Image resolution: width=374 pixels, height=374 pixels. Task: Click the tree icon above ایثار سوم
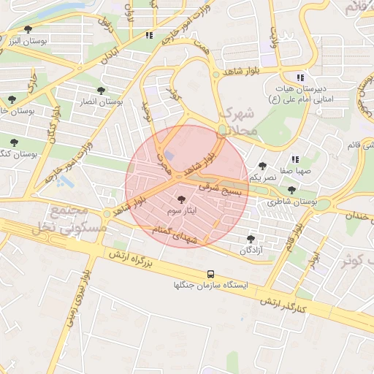pos(181,199)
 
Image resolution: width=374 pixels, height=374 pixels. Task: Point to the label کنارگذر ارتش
pos(280,305)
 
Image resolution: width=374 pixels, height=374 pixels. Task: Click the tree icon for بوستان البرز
pos(28,30)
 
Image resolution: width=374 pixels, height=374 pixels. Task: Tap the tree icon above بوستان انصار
pos(101,91)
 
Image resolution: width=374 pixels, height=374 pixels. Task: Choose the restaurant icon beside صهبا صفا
pos(295,159)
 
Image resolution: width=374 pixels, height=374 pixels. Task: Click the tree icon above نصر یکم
pos(262,167)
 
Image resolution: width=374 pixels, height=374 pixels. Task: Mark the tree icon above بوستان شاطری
pos(291,190)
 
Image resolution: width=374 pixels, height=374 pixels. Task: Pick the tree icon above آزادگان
pos(251,239)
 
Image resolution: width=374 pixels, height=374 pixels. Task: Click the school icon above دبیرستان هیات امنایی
pos(299,78)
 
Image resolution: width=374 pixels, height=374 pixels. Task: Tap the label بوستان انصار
pos(101,103)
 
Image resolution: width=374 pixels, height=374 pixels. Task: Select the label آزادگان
pos(251,250)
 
